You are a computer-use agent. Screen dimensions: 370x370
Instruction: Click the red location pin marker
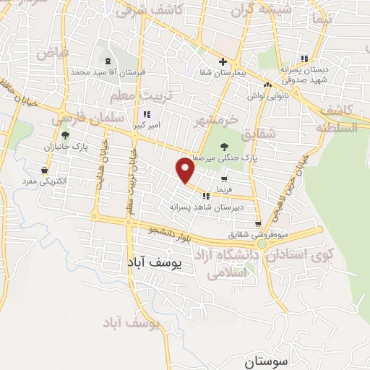[x=186, y=170]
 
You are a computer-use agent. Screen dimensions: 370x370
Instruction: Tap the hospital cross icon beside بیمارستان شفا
[x=223, y=61]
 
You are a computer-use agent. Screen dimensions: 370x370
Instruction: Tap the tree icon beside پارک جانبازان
[x=65, y=134]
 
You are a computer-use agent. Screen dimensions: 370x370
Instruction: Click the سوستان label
[x=267, y=359]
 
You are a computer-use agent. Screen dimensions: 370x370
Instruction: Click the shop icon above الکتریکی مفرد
[x=45, y=170]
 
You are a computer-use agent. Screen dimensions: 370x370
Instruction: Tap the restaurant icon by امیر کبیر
[x=147, y=114]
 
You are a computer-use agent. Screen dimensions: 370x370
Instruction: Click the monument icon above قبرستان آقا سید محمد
[x=108, y=61]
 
